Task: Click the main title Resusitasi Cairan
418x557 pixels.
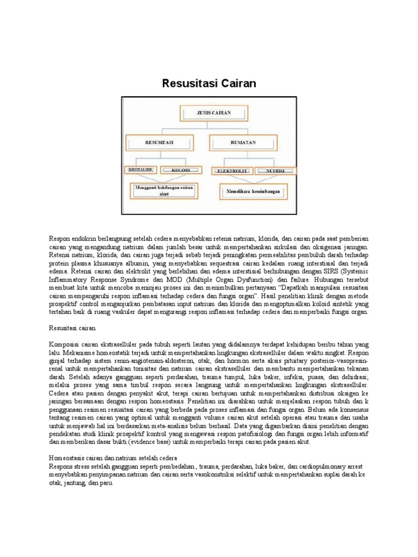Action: pos(209,83)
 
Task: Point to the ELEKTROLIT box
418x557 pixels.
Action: pos(232,171)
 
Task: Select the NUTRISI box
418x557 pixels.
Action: pos(275,171)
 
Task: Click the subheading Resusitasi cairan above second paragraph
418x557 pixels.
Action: pos(72,329)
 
